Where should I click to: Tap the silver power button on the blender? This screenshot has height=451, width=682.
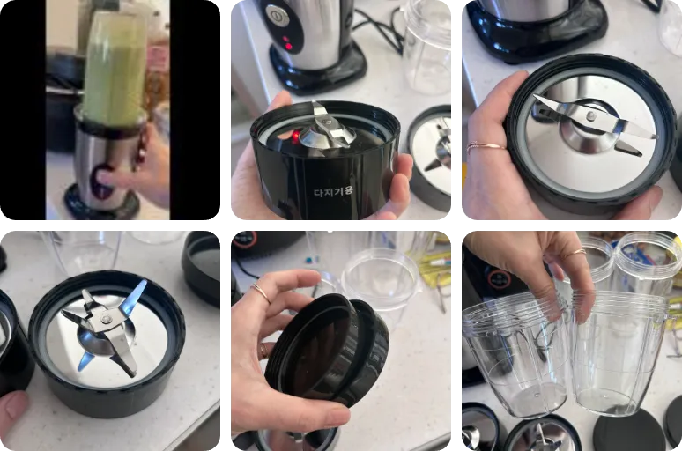tap(275, 15)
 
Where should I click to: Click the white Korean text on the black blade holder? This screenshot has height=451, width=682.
tap(334, 190)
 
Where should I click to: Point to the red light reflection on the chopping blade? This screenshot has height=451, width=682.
tap(296, 137)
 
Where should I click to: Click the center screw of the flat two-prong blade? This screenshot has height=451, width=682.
tap(590, 115)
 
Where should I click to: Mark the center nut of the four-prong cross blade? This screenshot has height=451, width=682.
tap(106, 319)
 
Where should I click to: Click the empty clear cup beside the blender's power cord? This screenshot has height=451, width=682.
tap(426, 48)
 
